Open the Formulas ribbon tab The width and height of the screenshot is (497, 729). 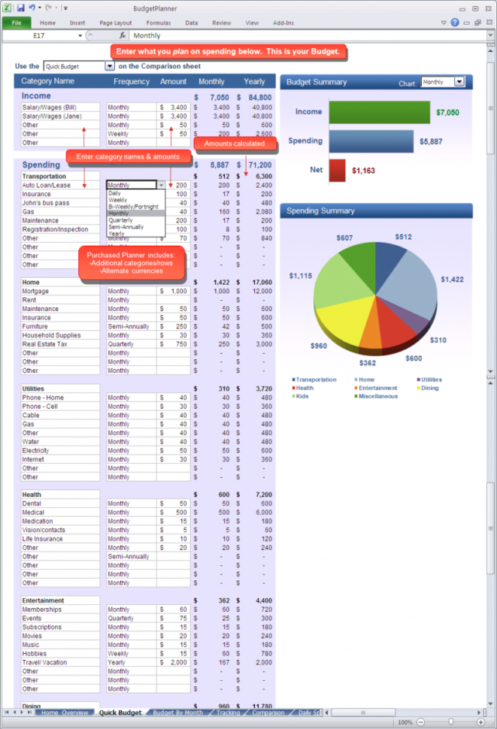click(158, 23)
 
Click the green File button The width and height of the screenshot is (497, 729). click(16, 23)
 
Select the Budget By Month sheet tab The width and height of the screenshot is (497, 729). click(178, 712)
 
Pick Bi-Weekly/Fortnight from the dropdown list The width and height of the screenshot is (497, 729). click(133, 207)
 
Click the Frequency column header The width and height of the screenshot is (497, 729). click(132, 81)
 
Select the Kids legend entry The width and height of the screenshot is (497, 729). click(302, 396)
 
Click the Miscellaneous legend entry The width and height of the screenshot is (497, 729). click(378, 396)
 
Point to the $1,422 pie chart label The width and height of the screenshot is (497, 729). click(453, 280)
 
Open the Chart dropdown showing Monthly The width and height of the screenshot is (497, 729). click(459, 82)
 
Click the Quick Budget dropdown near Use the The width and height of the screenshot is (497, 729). click(110, 66)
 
